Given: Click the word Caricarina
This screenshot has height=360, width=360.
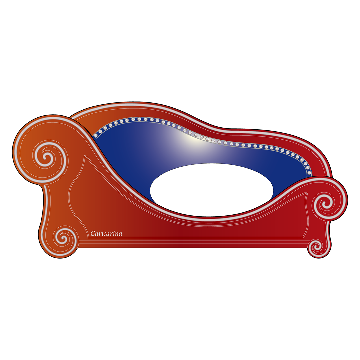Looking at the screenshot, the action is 106,233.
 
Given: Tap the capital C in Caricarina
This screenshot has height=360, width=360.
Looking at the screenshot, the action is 93,233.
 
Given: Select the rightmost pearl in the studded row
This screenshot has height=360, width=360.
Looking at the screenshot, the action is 309,173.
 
